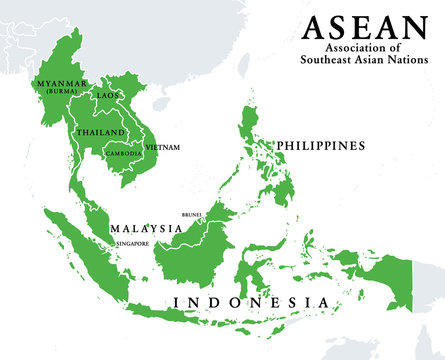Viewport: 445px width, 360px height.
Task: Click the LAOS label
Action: [107, 95]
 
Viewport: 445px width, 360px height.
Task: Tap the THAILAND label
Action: [100, 132]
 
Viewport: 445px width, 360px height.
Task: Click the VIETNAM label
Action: [163, 147]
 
